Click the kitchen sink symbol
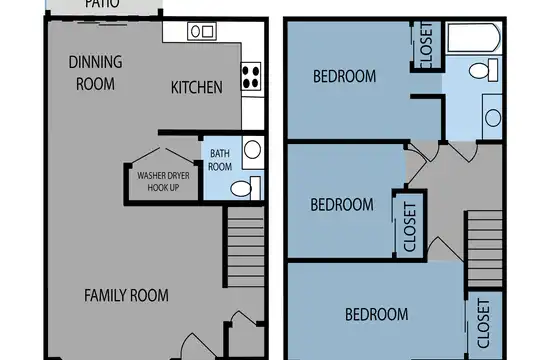coord(202,31)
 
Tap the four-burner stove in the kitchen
coord(251,76)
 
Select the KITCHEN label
coord(197,88)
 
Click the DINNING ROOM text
coord(95,73)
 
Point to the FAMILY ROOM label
coord(126,296)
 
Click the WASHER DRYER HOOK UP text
coord(163,182)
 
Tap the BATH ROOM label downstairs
coord(220,160)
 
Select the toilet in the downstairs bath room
coord(245,188)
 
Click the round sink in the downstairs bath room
coord(252,150)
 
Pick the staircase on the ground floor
coord(245,246)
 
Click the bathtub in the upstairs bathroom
coord(474,38)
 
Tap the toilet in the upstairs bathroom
coord(484,70)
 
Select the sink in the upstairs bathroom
coord(492,117)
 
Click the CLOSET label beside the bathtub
coord(426,45)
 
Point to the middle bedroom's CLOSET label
coord(410,227)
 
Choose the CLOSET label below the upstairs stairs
coord(484,323)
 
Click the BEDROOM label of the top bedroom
coord(344,76)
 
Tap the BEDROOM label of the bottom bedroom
coord(377,315)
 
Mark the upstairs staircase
coord(484,249)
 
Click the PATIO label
coord(102,3)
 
